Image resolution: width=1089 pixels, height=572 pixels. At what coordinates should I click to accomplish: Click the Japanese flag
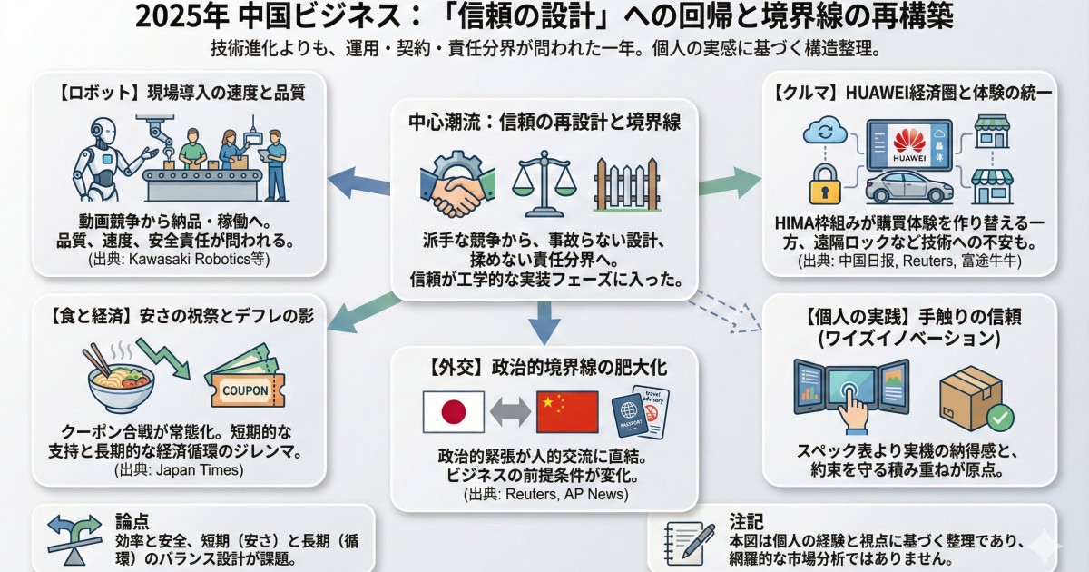453,411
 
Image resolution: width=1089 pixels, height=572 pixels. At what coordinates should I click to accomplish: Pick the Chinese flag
568,411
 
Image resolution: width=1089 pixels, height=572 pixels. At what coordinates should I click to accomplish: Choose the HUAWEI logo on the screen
908,143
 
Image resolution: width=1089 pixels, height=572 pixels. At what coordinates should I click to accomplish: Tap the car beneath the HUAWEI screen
908,187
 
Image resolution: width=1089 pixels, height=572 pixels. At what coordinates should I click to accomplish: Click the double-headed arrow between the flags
511,411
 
